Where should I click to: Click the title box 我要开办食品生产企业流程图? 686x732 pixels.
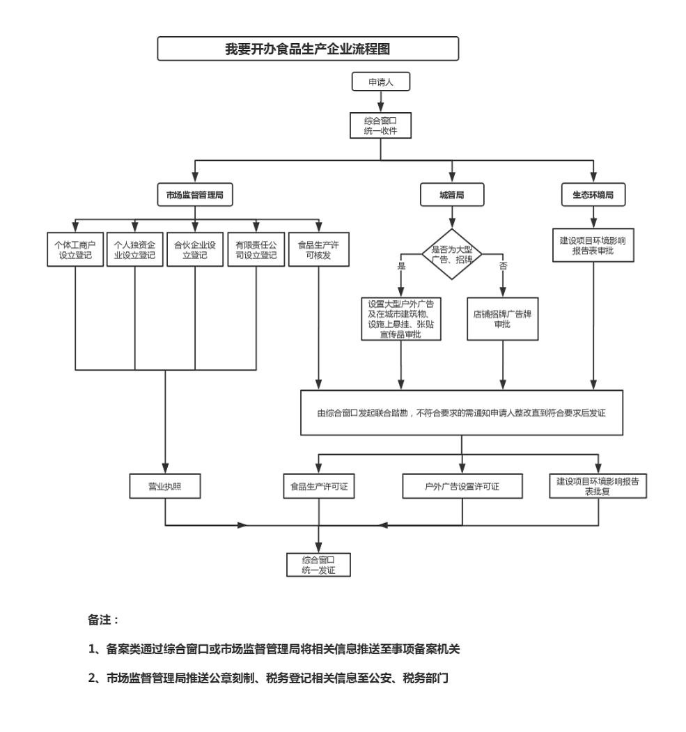(x=308, y=49)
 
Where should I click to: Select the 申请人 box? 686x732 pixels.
(x=380, y=81)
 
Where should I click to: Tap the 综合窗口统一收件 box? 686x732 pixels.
(x=380, y=125)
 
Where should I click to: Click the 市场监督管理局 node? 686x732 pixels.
(x=194, y=196)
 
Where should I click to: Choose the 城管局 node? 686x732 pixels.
(x=452, y=196)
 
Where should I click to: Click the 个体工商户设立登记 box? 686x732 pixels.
(x=75, y=250)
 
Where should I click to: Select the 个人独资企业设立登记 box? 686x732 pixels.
(x=134, y=250)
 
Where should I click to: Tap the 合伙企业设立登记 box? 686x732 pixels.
(x=194, y=250)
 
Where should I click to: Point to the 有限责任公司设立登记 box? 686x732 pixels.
(x=256, y=250)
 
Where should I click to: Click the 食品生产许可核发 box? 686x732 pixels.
(x=318, y=250)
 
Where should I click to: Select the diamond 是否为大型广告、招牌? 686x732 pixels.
(x=452, y=254)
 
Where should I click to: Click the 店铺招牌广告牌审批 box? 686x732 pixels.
(x=502, y=319)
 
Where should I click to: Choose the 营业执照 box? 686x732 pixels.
(x=165, y=486)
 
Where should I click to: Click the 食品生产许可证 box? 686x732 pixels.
(x=318, y=486)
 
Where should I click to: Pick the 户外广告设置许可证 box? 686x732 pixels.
(x=462, y=486)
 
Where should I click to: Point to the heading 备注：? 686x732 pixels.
(x=102, y=618)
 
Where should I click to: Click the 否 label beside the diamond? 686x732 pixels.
(x=503, y=265)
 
